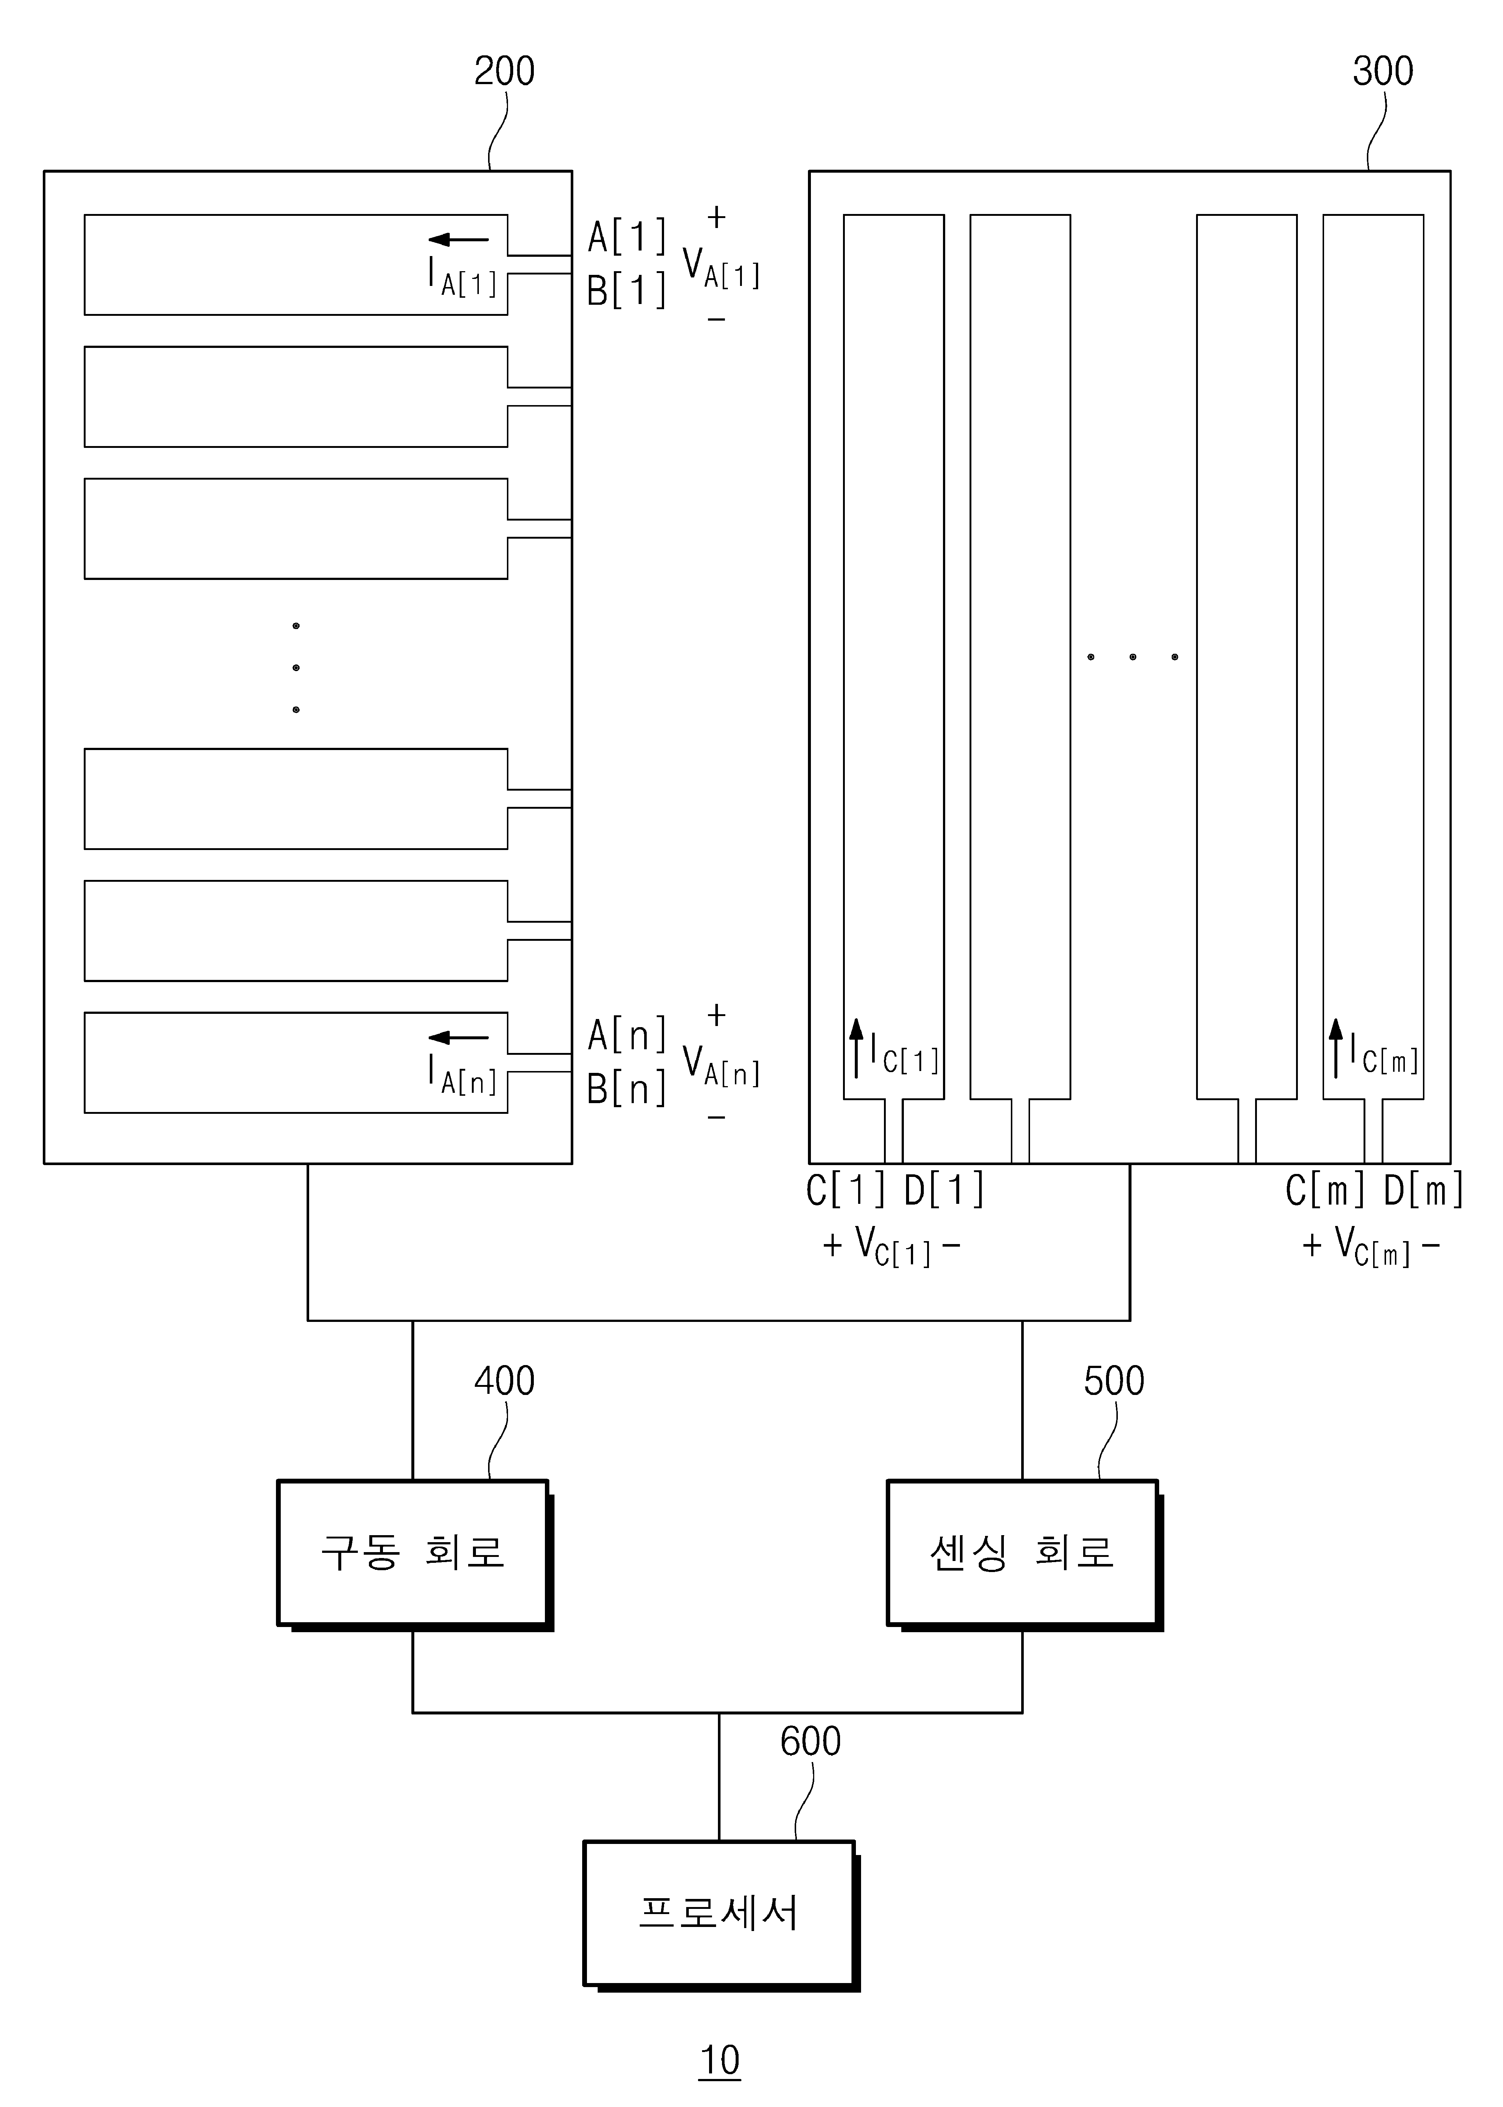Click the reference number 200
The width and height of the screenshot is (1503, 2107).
click(504, 71)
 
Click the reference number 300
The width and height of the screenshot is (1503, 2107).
click(1383, 71)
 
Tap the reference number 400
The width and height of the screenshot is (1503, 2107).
click(504, 1382)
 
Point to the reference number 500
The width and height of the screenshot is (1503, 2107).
click(1114, 1382)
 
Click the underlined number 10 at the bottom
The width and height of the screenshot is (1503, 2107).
click(720, 2061)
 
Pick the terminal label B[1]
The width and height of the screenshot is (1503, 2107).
click(626, 291)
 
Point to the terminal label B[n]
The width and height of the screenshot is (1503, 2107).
click(626, 1088)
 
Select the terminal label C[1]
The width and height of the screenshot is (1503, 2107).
click(846, 1190)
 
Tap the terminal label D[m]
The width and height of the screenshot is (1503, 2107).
click(1423, 1190)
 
